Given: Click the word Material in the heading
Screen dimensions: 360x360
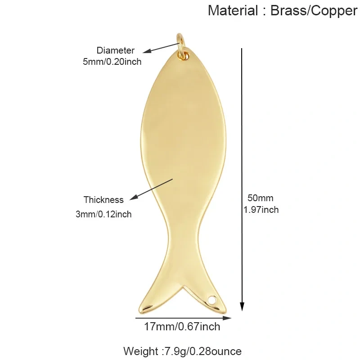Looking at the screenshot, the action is coord(233,10).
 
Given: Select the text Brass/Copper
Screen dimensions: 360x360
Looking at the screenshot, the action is coord(314,11).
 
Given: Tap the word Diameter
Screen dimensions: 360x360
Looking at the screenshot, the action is coord(115,50).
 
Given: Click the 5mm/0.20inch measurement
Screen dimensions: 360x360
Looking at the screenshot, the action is coord(112,62).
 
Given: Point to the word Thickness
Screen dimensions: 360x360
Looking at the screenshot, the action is coord(103,200).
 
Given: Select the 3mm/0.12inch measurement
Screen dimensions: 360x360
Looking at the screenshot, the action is coord(103,214).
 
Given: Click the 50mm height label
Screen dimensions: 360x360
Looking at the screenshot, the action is coord(261,198).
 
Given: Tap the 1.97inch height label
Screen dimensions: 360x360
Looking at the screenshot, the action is coord(261,210).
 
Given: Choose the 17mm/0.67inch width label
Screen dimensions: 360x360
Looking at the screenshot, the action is coord(182,327).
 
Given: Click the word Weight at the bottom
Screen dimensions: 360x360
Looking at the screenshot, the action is coord(141,351).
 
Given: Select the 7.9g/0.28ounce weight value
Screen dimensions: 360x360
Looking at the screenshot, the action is coord(202,351).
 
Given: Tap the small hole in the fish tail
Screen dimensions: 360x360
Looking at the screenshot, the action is coord(212,300).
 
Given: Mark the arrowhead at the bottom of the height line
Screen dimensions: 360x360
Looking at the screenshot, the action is coord(242,306).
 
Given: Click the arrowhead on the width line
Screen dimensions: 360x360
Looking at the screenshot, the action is coord(227,318).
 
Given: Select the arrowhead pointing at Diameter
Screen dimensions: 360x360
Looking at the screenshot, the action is coord(147,51).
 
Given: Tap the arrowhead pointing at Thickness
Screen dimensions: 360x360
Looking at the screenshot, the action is coord(134,198).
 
